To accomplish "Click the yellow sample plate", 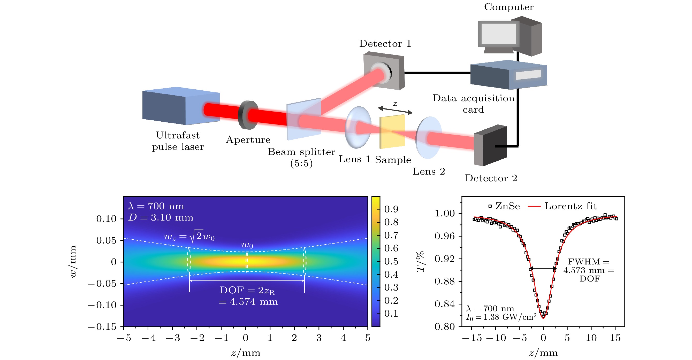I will (x=392, y=131).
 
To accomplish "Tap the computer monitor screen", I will (x=498, y=34).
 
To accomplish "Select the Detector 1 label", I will (x=385, y=44).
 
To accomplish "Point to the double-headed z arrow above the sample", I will (x=395, y=110).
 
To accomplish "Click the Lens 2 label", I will (x=429, y=171).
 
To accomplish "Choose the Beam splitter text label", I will (x=301, y=152).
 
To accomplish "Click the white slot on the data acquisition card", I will (x=528, y=75).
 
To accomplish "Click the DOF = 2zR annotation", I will (x=247, y=291).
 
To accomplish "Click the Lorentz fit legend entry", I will (x=563, y=206).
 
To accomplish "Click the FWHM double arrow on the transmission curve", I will (x=543, y=268).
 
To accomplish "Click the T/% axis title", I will (x=421, y=262).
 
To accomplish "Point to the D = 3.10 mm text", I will (x=161, y=217).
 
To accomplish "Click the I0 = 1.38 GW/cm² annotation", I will (x=501, y=317).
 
